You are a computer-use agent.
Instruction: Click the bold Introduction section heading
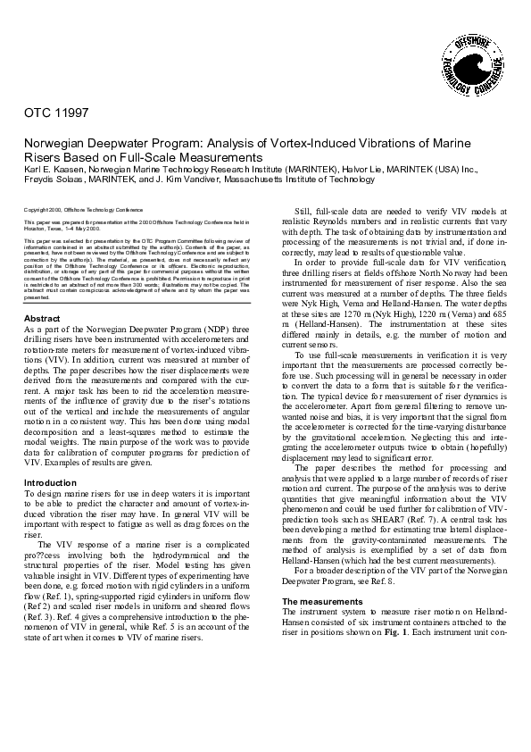(x=49, y=482)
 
